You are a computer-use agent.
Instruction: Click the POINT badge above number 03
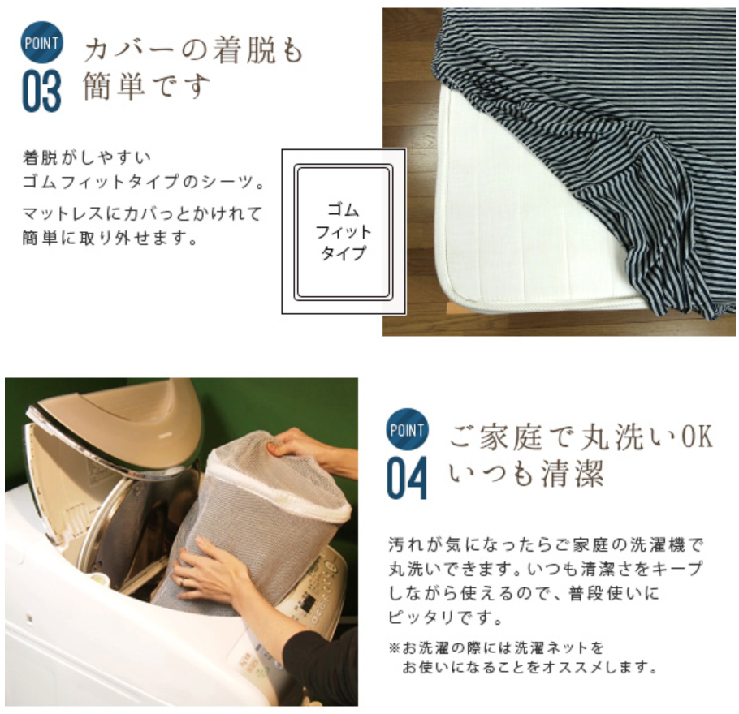point(41,42)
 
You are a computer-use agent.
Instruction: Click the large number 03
point(41,91)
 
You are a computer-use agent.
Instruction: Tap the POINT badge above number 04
point(407,429)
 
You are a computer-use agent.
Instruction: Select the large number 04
point(407,478)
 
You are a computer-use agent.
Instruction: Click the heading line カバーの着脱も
point(193,51)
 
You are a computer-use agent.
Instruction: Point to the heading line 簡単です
point(146,86)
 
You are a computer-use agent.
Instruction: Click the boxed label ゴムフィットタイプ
point(344,231)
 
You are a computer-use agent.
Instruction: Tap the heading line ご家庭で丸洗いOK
point(581,437)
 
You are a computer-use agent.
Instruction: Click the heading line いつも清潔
point(526,473)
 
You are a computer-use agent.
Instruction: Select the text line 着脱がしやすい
point(87,157)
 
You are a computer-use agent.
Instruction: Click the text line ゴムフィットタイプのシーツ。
point(144,181)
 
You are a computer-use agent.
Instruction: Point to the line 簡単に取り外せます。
point(110,238)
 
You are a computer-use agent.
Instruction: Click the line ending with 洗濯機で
point(546,545)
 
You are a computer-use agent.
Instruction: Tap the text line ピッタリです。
point(445,617)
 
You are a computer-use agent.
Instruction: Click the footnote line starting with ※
point(496,648)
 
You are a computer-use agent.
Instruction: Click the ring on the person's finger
point(183,582)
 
